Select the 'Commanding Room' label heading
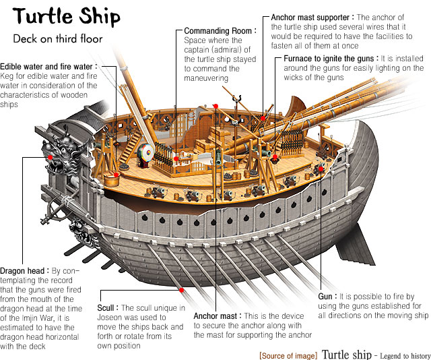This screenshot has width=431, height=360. (220, 31)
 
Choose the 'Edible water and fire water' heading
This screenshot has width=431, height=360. (48, 66)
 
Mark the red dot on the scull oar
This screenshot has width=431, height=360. (182, 289)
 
